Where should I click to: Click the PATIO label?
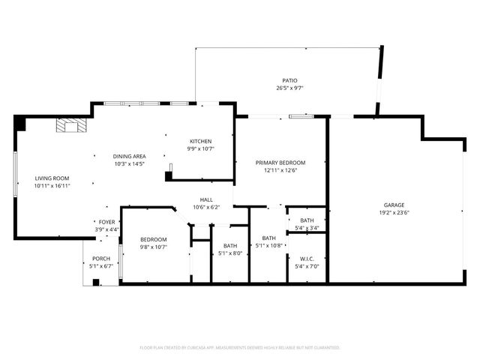tap(289, 80)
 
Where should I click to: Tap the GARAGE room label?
tap(394, 205)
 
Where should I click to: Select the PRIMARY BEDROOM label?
tap(280, 163)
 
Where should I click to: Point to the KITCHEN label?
tap(200, 141)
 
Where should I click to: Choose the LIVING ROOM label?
tap(52, 178)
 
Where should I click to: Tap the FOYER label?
tap(107, 222)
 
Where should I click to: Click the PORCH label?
tap(100, 258)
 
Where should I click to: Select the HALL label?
tap(205, 200)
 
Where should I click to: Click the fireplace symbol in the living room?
tap(72, 125)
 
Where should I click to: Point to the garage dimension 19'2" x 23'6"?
tap(394, 212)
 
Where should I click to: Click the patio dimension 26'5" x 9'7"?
tap(289, 88)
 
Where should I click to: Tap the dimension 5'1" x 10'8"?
tap(268, 245)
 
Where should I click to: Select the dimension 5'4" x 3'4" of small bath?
tap(307, 227)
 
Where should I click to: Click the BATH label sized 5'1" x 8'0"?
tap(230, 246)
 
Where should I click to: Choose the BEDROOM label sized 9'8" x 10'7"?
tap(153, 239)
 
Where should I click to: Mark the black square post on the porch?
tap(96, 283)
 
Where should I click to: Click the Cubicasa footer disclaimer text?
tap(240, 348)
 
